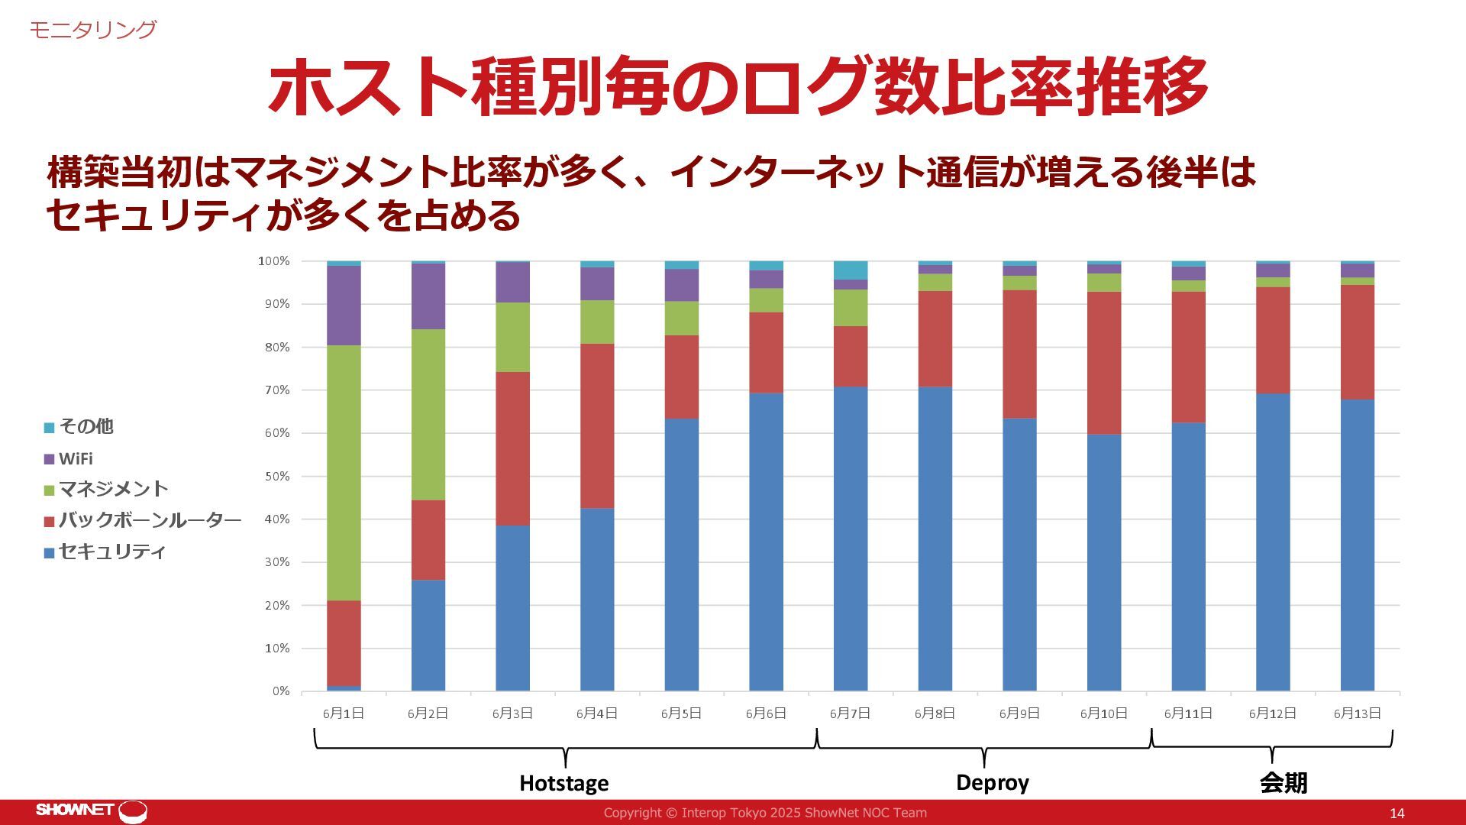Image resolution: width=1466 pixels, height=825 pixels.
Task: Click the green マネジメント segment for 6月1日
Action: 344,473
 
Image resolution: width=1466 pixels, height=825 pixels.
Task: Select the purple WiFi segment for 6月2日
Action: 428,296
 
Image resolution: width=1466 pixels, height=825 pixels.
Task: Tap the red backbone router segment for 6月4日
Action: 597,425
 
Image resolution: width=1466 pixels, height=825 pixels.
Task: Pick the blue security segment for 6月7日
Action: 851,539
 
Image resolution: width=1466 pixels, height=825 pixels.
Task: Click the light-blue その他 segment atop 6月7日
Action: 851,270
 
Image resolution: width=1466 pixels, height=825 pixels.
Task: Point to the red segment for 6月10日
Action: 1104,363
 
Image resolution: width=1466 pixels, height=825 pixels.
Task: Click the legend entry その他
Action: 86,427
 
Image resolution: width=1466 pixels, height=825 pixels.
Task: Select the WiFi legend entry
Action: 76,459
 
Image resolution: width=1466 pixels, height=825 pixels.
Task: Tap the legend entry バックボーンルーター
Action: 150,521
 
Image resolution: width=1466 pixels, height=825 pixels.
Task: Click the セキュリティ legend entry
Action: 111,552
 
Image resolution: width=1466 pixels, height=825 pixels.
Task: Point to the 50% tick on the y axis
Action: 273,477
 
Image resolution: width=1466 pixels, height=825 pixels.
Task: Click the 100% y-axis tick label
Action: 273,261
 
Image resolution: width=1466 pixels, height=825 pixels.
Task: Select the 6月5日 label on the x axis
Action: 681,713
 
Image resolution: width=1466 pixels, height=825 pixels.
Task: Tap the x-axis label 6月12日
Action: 1273,713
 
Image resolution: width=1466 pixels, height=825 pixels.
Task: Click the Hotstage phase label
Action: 564,783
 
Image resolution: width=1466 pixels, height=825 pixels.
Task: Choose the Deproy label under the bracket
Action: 993,782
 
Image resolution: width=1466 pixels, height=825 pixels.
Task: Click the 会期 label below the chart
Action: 1284,783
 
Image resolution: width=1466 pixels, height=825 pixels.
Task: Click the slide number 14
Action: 1397,814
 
